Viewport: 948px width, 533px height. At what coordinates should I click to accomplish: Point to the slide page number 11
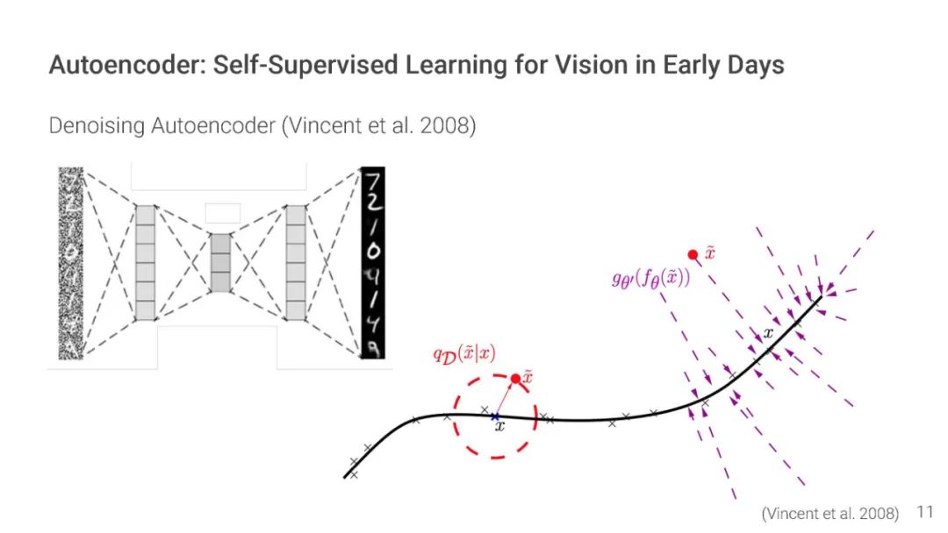[x=925, y=512]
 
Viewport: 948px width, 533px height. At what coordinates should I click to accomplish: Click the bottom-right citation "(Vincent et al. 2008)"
[x=830, y=513]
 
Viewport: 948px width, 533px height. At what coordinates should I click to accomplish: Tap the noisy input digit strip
[x=69, y=263]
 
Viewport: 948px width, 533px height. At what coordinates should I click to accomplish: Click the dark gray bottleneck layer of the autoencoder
[x=221, y=262]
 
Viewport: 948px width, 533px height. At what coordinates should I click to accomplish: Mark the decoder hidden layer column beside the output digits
[x=297, y=262]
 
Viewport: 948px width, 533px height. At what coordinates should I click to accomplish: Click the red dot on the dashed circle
[x=515, y=379]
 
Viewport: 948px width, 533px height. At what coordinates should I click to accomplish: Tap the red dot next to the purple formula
[x=693, y=254]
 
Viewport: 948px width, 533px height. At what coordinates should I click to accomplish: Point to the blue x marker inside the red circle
[x=495, y=416]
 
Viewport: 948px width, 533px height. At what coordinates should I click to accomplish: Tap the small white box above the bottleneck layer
[x=221, y=212]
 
